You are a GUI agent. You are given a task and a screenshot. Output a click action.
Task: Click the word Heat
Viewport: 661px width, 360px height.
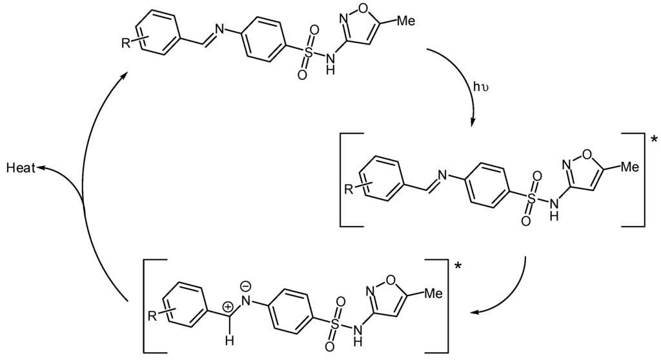[x=20, y=168]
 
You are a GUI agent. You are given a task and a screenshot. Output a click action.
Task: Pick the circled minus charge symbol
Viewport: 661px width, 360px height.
[x=246, y=285]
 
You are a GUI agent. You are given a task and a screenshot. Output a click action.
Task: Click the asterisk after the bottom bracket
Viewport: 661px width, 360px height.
[x=458, y=265]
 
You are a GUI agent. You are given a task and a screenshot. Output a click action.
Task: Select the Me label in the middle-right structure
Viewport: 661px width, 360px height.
[x=629, y=166]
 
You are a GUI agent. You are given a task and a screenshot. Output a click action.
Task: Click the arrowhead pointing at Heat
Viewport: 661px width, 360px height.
[x=39, y=168]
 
